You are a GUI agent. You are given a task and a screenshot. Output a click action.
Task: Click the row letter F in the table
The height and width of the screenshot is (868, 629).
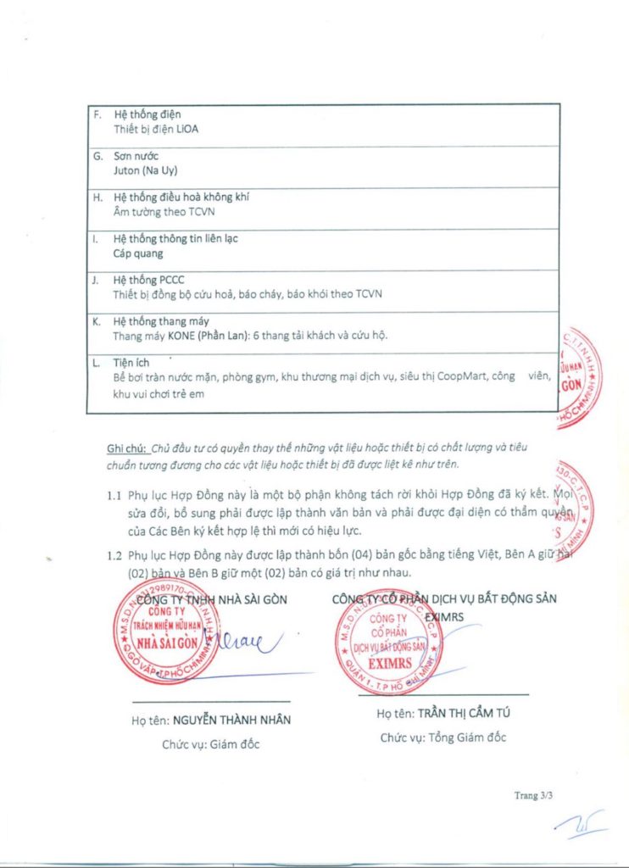click(x=97, y=114)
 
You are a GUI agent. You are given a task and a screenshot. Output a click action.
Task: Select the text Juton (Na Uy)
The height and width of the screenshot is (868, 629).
click(x=145, y=170)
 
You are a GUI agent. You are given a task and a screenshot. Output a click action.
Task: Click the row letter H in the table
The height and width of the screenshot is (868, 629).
click(x=97, y=197)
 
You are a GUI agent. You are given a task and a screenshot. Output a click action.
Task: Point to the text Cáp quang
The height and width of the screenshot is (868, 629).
click(x=138, y=253)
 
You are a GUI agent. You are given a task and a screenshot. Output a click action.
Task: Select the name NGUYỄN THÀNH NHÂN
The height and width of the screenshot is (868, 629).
click(x=231, y=720)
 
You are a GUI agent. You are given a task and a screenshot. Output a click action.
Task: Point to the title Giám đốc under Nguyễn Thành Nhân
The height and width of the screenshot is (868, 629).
click(x=212, y=744)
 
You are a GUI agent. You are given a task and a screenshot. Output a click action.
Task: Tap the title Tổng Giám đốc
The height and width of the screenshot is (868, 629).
click(x=443, y=737)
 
